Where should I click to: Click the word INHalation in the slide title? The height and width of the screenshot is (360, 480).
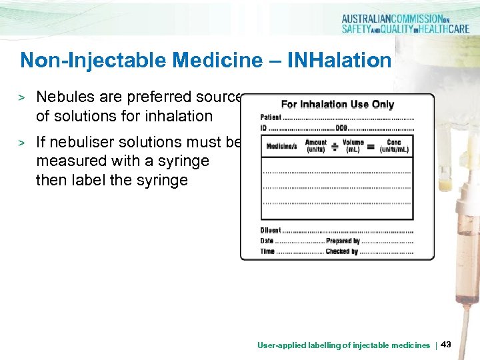click(339, 61)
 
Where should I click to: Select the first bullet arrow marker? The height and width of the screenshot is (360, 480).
click(21, 98)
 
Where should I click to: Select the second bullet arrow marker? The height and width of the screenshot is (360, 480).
click(21, 143)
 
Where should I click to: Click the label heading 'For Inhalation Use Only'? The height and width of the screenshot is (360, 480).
click(337, 104)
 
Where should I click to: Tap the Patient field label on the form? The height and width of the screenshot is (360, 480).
click(271, 118)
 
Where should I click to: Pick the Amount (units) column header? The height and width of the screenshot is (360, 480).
click(316, 145)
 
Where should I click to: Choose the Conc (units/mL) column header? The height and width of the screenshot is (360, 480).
click(394, 145)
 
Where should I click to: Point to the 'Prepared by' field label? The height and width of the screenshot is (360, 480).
click(343, 241)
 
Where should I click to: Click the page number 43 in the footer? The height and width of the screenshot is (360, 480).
click(446, 345)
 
